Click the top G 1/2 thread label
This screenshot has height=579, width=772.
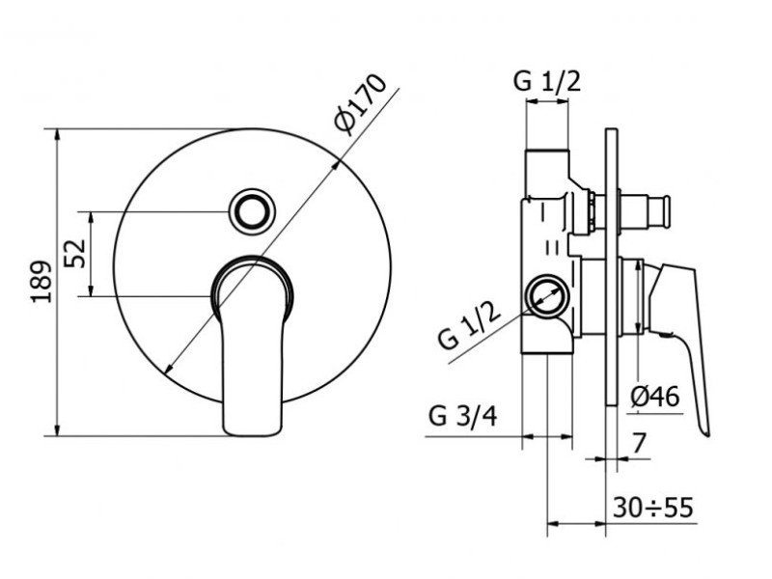(546, 81)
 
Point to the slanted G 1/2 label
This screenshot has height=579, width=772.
(471, 325)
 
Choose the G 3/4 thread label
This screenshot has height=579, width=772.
(463, 417)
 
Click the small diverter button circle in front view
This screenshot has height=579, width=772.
(252, 209)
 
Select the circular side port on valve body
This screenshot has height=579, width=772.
(547, 296)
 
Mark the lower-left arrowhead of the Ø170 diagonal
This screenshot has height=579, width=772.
(168, 368)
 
